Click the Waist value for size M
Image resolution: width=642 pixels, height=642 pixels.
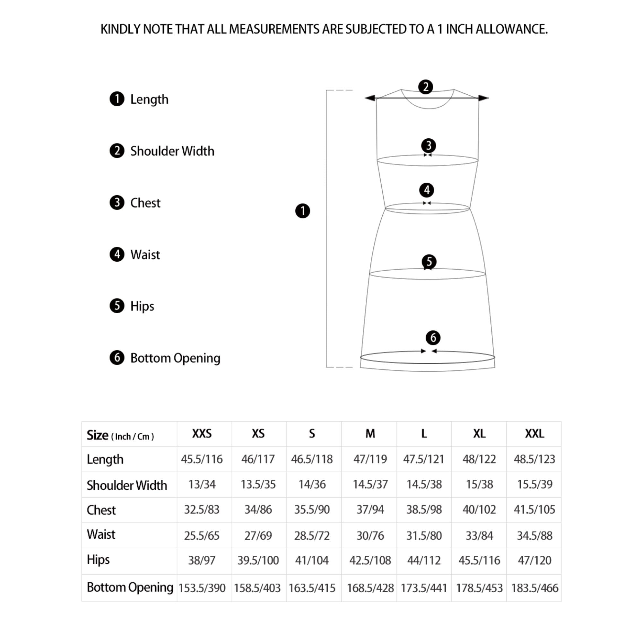pos(370,536)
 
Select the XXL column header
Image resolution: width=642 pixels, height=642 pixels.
pos(534,434)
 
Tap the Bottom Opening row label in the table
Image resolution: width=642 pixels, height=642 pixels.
pos(130,587)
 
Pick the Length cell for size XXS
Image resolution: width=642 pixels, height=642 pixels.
pos(202,459)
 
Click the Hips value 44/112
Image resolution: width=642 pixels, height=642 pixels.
pos(424,560)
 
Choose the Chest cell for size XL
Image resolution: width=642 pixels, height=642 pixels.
pos(479,509)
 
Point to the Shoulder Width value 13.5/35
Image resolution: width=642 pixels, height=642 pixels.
pos(258,484)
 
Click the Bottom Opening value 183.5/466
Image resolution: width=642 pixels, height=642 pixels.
pos(534,588)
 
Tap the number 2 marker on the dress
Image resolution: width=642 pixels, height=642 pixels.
pos(425,87)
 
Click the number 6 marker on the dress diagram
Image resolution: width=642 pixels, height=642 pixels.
pos(433,338)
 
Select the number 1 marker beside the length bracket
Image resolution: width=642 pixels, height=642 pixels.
pos(302,211)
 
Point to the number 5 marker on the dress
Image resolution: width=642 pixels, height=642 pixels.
pos(429,262)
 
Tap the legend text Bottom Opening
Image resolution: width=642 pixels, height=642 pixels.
pos(175,358)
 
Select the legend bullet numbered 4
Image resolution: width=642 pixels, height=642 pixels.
pos(117,255)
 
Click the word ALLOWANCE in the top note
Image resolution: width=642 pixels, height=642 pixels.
pos(511,29)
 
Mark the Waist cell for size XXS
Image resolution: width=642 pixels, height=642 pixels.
pos(202,536)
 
